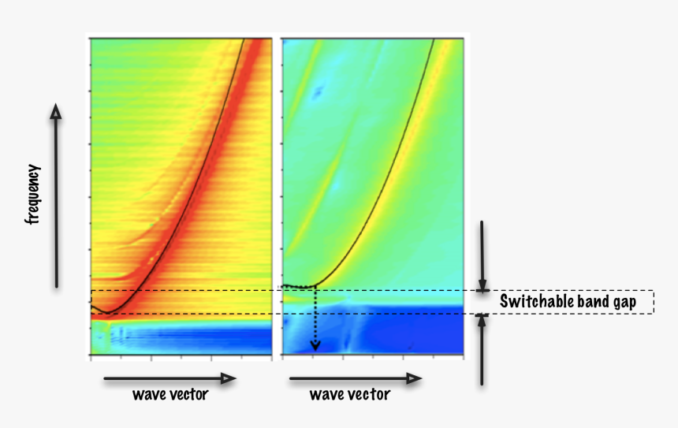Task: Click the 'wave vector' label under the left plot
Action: pyautogui.click(x=170, y=394)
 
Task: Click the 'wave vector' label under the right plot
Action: pyautogui.click(x=349, y=394)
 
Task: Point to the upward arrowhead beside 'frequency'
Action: pyautogui.click(x=56, y=112)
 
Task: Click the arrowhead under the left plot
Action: pyautogui.click(x=229, y=379)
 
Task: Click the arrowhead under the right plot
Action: pyautogui.click(x=414, y=379)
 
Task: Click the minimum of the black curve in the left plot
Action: pyautogui.click(x=109, y=313)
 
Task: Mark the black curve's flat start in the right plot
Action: pyautogui.click(x=296, y=285)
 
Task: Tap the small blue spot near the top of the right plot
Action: pyautogui.click(x=318, y=93)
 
